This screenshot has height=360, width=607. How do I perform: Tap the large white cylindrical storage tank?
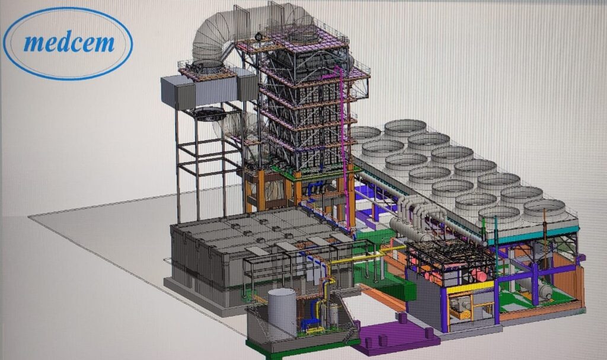coord(282,313)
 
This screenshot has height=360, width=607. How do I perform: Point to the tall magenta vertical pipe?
coord(344,147)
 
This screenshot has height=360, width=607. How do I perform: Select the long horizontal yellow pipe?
coord(357,259)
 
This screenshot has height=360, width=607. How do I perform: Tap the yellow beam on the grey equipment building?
coord(470,287)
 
